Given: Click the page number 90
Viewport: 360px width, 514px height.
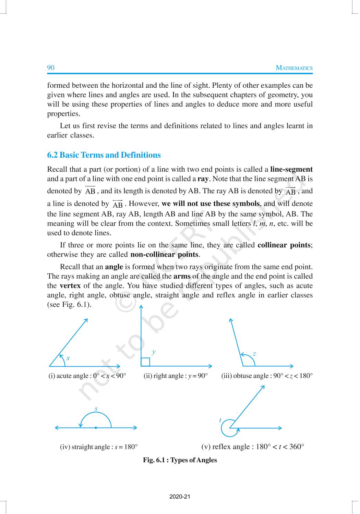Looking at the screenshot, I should [51, 68].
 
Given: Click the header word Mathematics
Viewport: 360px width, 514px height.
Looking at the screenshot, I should [294, 68].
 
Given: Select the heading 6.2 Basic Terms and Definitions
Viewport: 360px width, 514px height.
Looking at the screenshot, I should [104, 155].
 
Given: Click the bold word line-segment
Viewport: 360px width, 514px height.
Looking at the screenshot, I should [291, 169].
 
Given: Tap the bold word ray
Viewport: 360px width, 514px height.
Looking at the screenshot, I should [203, 179].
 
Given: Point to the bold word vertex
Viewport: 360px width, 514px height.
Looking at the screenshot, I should [70, 286].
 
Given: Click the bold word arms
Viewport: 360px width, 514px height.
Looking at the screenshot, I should [182, 276].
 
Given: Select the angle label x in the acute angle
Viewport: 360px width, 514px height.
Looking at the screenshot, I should [68, 358].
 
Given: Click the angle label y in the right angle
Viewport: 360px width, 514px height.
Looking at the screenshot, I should [154, 352].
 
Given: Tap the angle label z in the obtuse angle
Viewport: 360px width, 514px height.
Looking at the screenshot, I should [254, 354].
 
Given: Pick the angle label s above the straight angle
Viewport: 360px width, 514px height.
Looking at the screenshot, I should [96, 408].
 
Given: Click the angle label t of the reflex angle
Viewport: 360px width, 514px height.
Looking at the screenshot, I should [220, 420].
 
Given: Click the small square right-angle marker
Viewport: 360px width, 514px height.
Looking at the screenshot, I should [145, 362].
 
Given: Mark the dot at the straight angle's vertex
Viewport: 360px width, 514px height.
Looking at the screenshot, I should [96, 428].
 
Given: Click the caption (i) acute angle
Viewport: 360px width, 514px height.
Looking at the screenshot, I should [87, 376].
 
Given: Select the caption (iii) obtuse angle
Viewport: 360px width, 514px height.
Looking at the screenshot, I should [267, 376].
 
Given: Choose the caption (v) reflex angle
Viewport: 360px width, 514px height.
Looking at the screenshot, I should [253, 447].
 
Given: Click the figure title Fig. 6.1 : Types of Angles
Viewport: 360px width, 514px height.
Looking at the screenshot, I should [180, 460].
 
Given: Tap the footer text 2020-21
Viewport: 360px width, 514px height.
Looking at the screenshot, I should [180, 497].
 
